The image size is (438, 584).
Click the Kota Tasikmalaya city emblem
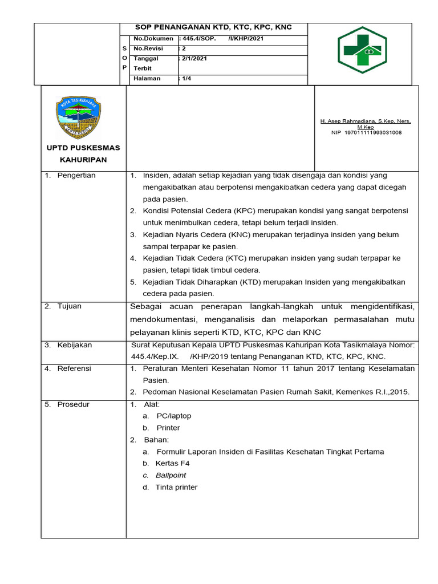pos(78,116)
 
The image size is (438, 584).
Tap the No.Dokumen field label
pos(153,38)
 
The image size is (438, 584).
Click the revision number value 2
pos(184,48)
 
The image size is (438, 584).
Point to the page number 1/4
pos(186,78)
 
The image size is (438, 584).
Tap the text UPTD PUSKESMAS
pos(83,148)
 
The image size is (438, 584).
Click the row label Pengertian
pos(76,175)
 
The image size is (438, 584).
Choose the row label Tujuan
pos(69,306)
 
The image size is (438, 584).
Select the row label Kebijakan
pos(74,345)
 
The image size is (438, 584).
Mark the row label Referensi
pos(74,368)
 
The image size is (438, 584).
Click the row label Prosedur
pos(74,404)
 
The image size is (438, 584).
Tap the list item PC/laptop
pos(174,416)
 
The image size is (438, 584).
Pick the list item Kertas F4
pos(172,463)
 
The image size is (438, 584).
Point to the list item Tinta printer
pos(176,487)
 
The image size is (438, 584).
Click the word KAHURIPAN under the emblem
pos(83,160)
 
